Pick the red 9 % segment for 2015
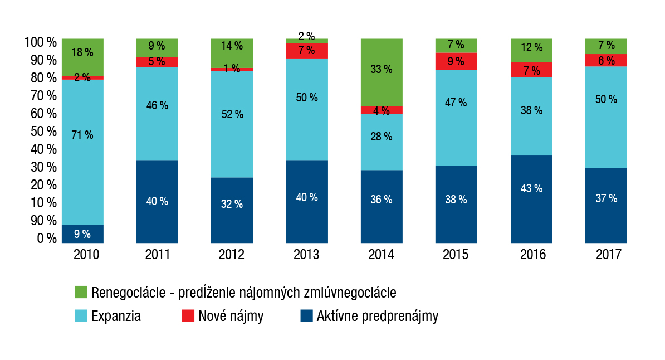click(x=456, y=61)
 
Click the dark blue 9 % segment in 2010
click(x=82, y=233)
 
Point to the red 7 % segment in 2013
click(x=307, y=51)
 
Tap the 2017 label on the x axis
click(x=607, y=255)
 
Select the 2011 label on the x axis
click(x=158, y=255)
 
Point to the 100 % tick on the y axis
click(x=41, y=42)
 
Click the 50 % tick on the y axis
click(x=43, y=132)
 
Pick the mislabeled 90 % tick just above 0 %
click(x=43, y=221)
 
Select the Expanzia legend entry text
click(x=116, y=317)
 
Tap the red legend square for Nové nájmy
click(x=188, y=317)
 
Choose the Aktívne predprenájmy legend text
click(x=377, y=317)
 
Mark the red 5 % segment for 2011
click(x=158, y=62)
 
